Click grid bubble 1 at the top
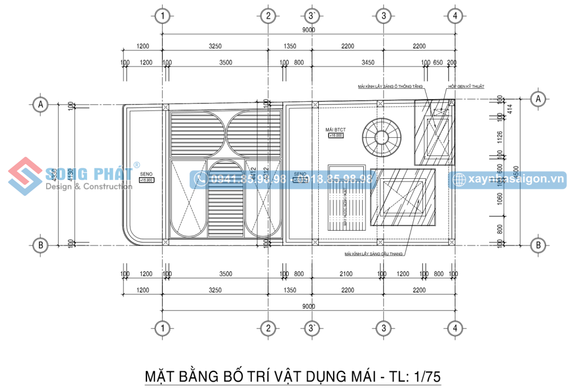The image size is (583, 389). [x=163, y=16]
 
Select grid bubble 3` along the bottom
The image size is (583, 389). [x=310, y=328]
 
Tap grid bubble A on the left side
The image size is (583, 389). [x=40, y=104]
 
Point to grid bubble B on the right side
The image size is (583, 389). [x=537, y=245]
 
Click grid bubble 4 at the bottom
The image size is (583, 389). [x=454, y=328]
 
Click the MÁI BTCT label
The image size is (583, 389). [x=335, y=129]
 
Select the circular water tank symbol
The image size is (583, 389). [x=381, y=137]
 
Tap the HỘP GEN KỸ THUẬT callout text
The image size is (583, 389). [x=466, y=86]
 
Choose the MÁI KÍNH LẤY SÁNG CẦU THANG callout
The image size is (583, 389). [x=374, y=253]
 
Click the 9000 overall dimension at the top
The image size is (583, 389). [x=309, y=30]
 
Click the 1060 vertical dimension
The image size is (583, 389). [x=500, y=199]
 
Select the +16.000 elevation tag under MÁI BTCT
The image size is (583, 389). [x=335, y=136]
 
